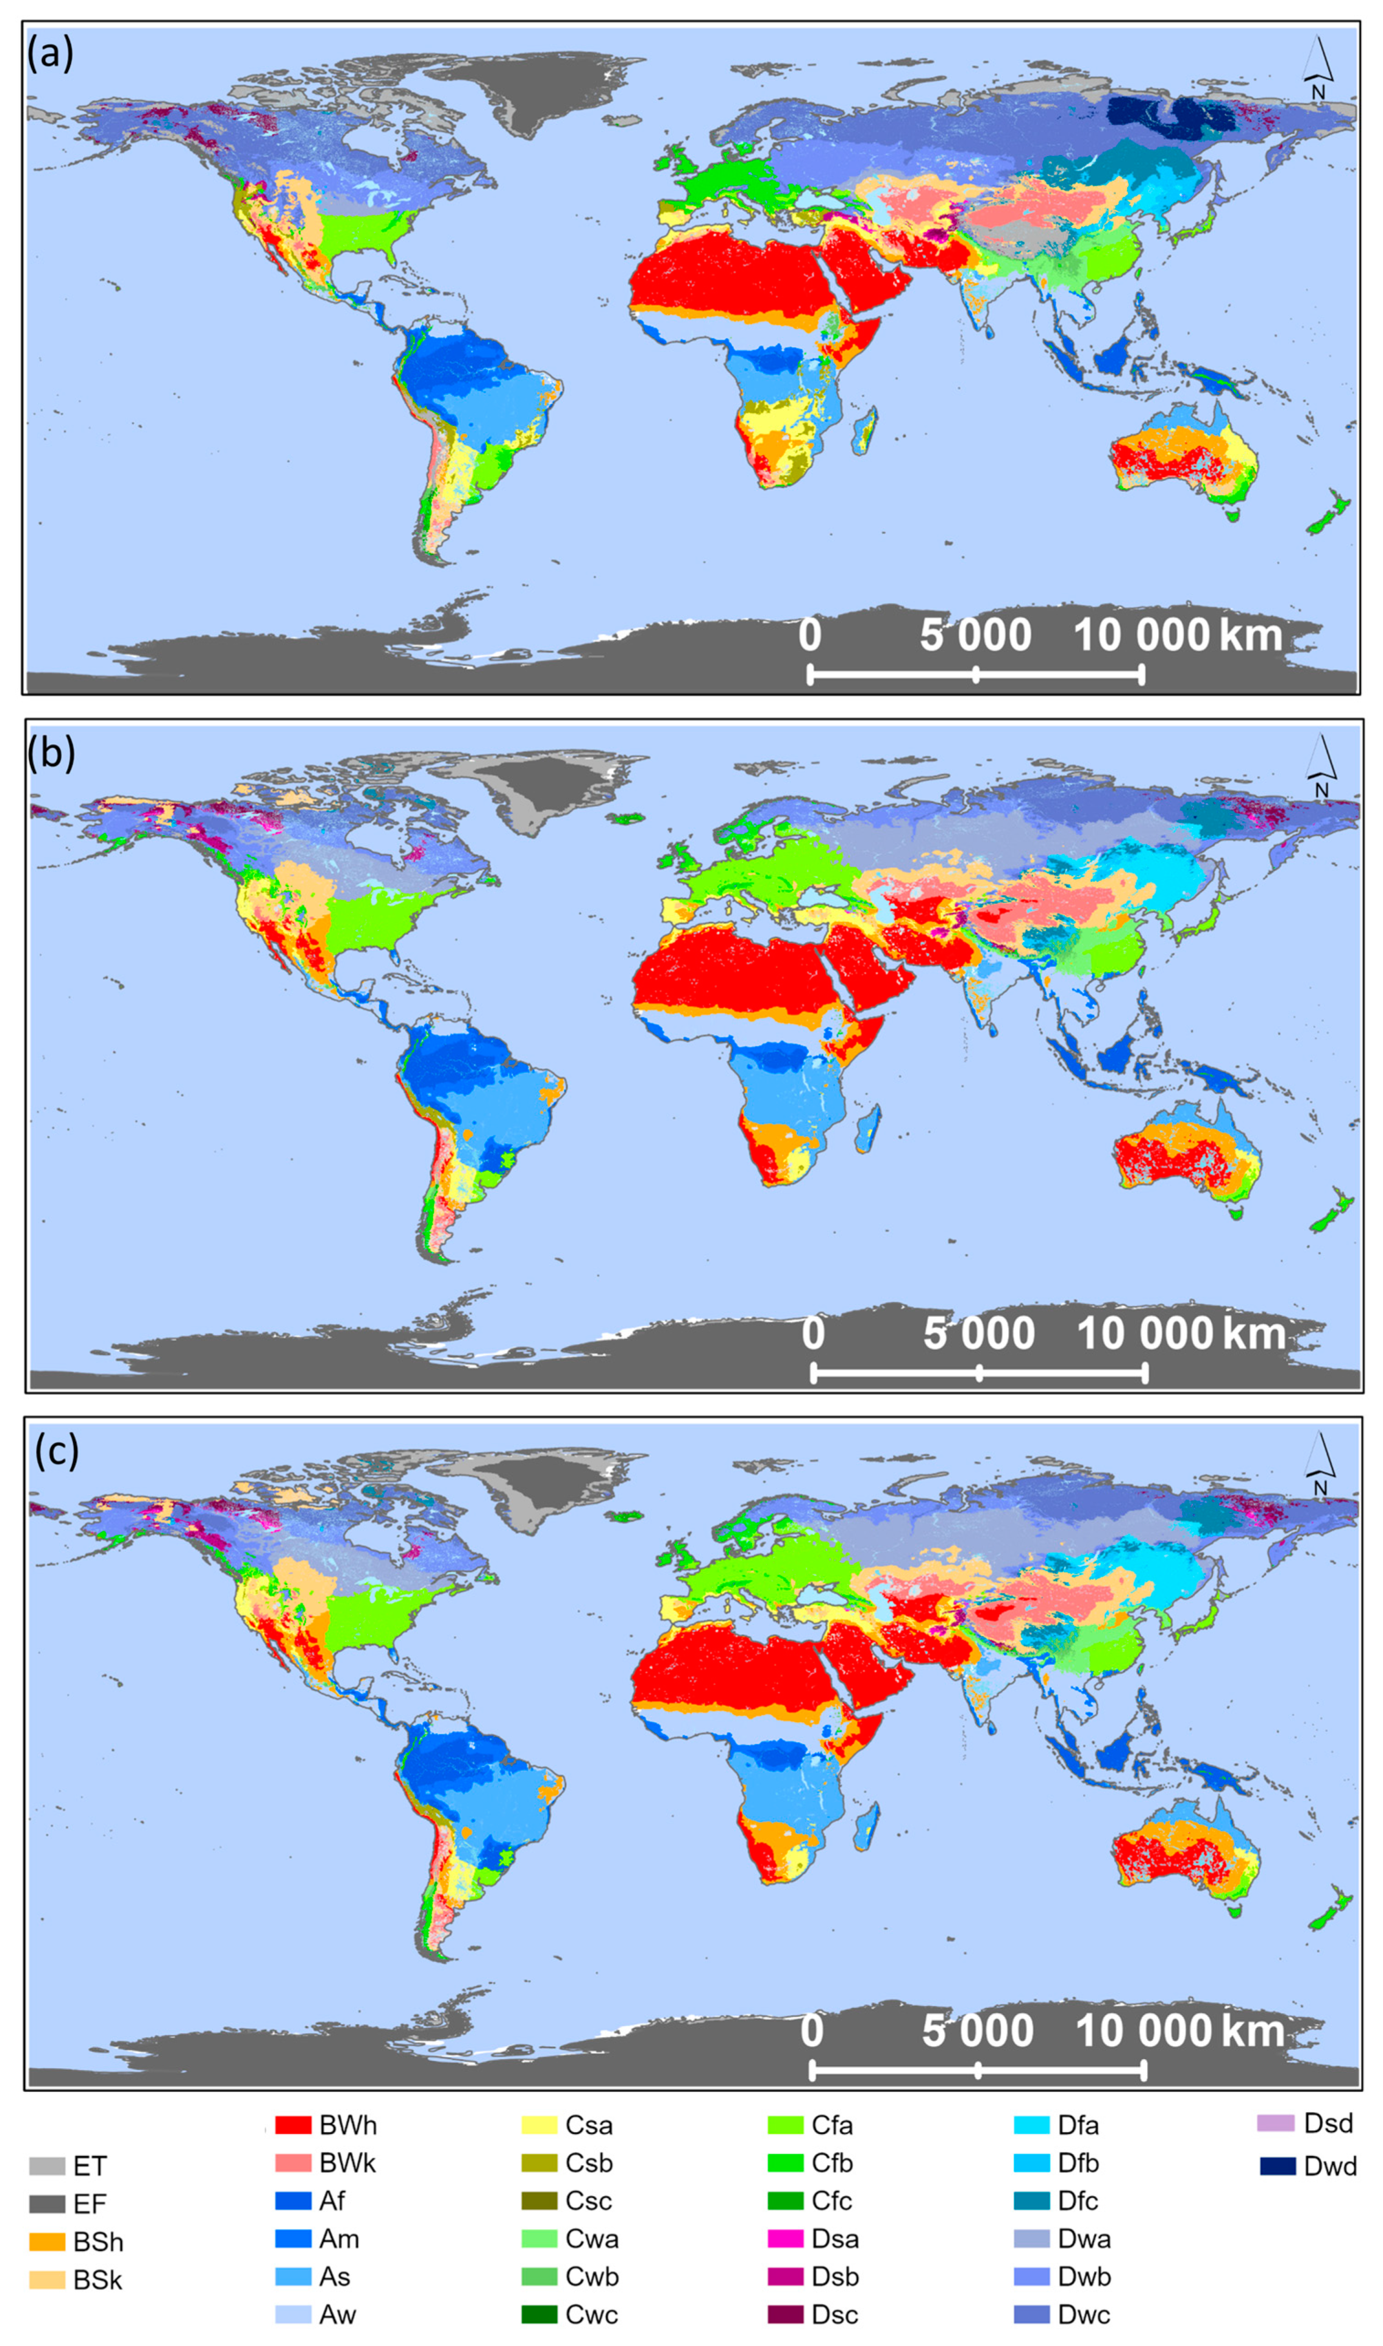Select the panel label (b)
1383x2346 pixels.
(x=51, y=753)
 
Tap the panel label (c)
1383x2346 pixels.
(x=56, y=1451)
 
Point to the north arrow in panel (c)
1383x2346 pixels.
(x=1321, y=1464)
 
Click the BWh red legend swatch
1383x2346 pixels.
(x=293, y=2125)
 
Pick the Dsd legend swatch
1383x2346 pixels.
(x=1276, y=2124)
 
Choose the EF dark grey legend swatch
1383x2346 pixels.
(x=46, y=2203)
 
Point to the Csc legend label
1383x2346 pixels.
(x=588, y=2200)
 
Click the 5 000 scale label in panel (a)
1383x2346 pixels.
(x=975, y=636)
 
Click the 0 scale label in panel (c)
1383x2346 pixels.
(x=812, y=2031)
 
